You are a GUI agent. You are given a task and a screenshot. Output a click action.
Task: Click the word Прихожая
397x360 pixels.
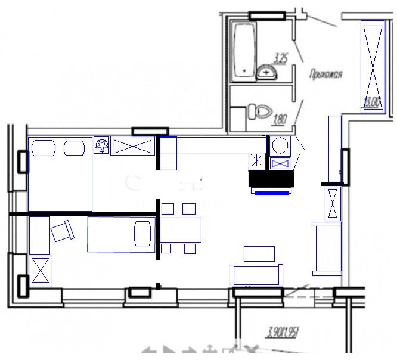tap(325, 75)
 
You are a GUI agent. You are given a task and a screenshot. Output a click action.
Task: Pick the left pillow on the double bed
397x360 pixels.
tap(43, 147)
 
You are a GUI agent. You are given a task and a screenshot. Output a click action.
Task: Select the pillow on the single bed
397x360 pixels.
tap(143, 232)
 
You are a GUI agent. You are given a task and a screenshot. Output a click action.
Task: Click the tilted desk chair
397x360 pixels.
tap(63, 231)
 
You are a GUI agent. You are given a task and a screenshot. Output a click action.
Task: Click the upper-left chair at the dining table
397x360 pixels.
tap(168, 209)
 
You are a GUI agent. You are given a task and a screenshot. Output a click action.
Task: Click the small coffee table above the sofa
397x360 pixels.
tap(259, 254)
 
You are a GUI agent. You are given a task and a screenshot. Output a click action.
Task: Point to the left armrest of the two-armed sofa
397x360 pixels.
tap(232, 275)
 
